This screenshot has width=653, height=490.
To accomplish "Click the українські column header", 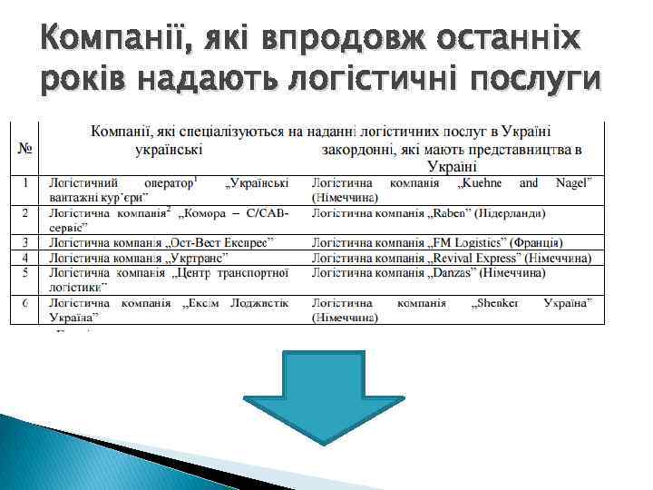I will [x=169, y=148].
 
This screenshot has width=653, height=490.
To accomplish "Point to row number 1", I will [x=27, y=183].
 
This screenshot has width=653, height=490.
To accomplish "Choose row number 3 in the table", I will [x=27, y=243].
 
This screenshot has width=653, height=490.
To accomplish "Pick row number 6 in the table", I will [x=27, y=303].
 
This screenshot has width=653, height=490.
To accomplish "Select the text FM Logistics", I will [x=471, y=243].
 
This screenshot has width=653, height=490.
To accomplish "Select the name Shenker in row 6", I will [x=494, y=303].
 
